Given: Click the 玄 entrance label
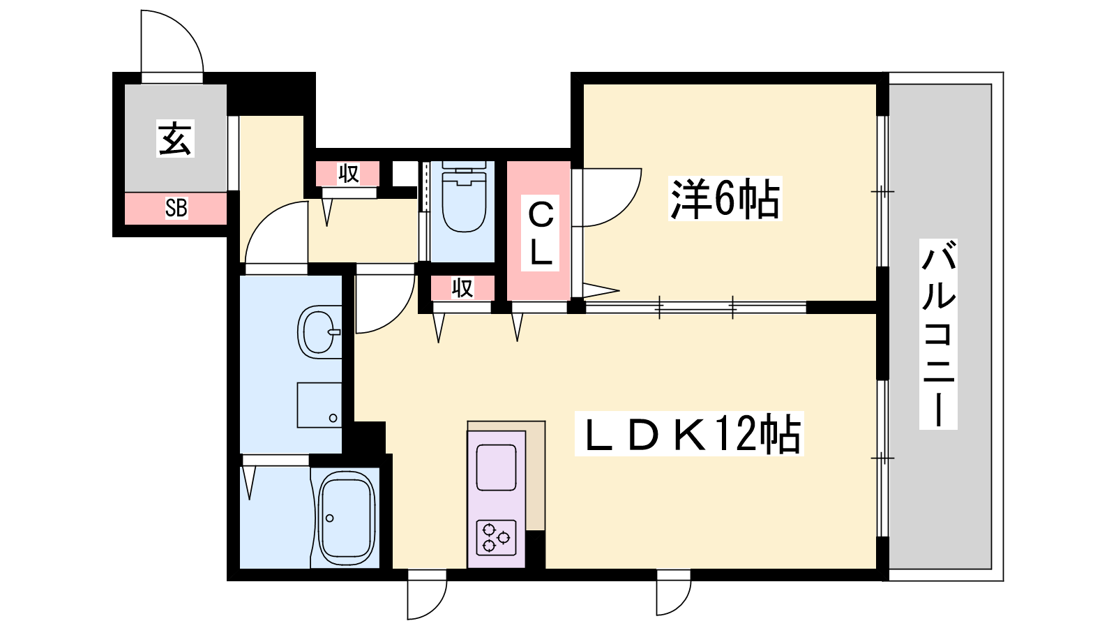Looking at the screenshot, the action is pyautogui.click(x=175, y=139).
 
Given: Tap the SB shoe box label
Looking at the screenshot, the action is pyautogui.click(x=176, y=208).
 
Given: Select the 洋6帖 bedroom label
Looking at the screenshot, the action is pyautogui.click(x=725, y=198).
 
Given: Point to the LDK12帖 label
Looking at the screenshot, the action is pyautogui.click(x=689, y=433).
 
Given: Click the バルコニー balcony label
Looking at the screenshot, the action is pyautogui.click(x=938, y=334).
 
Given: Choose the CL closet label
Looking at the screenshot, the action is pyautogui.click(x=540, y=233).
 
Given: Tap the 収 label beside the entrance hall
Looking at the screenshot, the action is pyautogui.click(x=348, y=174).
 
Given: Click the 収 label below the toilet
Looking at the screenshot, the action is pyautogui.click(x=462, y=287).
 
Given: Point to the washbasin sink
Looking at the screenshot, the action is pyautogui.click(x=319, y=331).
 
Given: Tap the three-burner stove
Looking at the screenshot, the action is pyautogui.click(x=496, y=537).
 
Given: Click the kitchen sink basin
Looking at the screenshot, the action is pyautogui.click(x=496, y=468).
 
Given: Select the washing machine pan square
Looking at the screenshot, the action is pyautogui.click(x=319, y=405).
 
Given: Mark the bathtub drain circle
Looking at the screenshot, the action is pyautogui.click(x=329, y=518).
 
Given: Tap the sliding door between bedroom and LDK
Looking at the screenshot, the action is pyautogui.click(x=695, y=307).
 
